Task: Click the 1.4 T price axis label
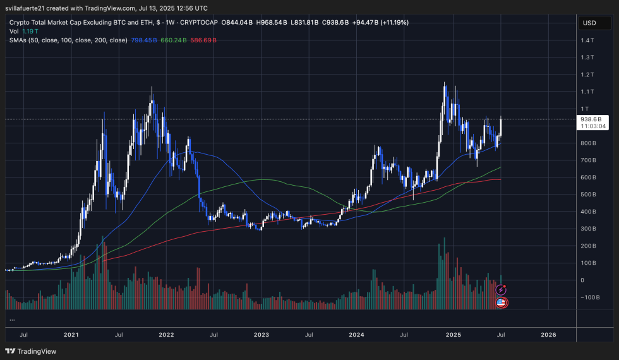click(588, 40)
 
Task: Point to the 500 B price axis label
click(589, 195)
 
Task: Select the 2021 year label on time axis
click(71, 334)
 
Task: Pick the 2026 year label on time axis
click(548, 334)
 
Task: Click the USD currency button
click(589, 23)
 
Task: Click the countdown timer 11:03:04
click(594, 126)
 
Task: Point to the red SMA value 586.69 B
click(203, 40)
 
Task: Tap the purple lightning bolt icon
click(501, 289)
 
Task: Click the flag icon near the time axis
click(501, 303)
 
